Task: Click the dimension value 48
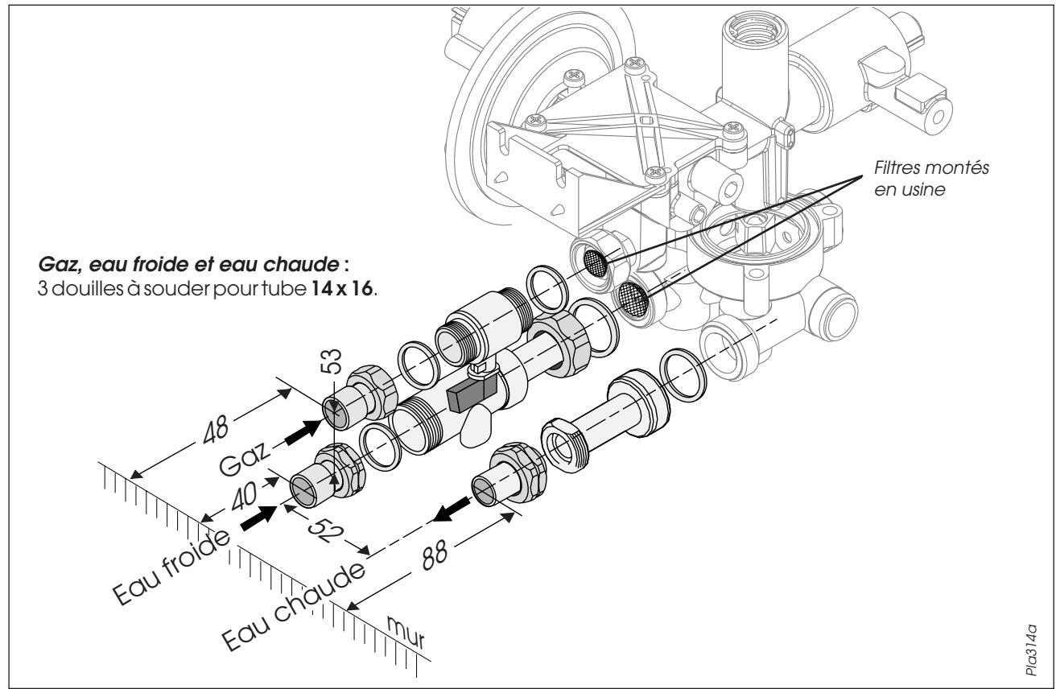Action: tap(216, 429)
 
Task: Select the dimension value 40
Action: tap(245, 496)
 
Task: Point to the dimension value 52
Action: tap(325, 530)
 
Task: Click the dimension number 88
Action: tap(434, 554)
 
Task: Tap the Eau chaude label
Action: tap(293, 606)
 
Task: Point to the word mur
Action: tap(406, 631)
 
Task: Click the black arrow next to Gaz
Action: tap(304, 431)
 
